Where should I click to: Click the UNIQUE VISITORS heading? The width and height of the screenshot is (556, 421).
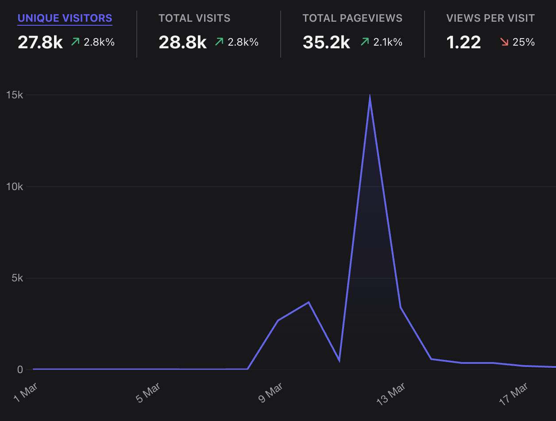click(65, 18)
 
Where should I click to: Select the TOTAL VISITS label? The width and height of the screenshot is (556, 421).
click(194, 18)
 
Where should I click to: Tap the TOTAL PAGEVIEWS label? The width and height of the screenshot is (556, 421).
click(352, 18)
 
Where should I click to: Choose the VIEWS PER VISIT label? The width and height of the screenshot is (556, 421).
click(490, 18)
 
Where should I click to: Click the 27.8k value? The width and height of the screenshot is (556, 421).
click(40, 42)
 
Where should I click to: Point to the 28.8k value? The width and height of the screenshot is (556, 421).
click(182, 42)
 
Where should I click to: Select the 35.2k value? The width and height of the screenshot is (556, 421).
click(326, 42)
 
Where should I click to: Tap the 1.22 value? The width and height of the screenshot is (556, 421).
click(463, 42)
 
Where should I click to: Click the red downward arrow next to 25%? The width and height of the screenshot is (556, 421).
click(504, 42)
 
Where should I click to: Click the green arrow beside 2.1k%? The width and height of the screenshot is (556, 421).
click(365, 42)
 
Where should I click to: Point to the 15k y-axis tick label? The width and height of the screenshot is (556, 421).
click(14, 95)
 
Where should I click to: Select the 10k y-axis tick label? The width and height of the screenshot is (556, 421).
click(14, 187)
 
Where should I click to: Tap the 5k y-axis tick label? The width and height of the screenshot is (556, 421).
click(17, 278)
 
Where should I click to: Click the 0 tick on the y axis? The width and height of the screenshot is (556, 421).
click(20, 370)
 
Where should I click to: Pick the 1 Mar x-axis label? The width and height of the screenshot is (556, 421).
click(26, 393)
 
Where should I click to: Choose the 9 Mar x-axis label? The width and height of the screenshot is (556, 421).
click(270, 393)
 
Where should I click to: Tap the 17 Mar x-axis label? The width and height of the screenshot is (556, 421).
click(514, 393)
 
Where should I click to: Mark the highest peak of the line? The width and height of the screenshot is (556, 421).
click(370, 97)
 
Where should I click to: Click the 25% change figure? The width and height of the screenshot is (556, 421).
click(524, 42)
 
